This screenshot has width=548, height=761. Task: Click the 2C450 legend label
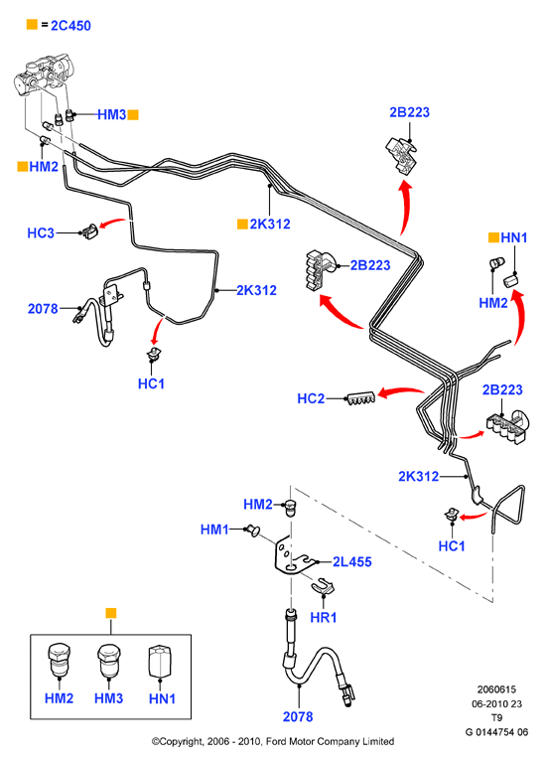pyautogui.click(x=70, y=25)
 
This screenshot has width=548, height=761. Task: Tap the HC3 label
pyautogui.click(x=41, y=232)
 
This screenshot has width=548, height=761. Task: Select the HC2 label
pyautogui.click(x=311, y=398)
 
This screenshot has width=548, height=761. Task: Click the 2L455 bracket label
pyautogui.click(x=352, y=561)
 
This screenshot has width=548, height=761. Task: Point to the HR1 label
pyautogui.click(x=324, y=617)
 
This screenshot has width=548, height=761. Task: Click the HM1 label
pyautogui.click(x=214, y=529)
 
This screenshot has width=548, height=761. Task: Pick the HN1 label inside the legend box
pyautogui.click(x=162, y=698)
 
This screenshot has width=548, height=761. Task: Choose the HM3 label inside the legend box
pyautogui.click(x=108, y=697)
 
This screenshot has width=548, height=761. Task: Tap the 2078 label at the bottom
pyautogui.click(x=298, y=716)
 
